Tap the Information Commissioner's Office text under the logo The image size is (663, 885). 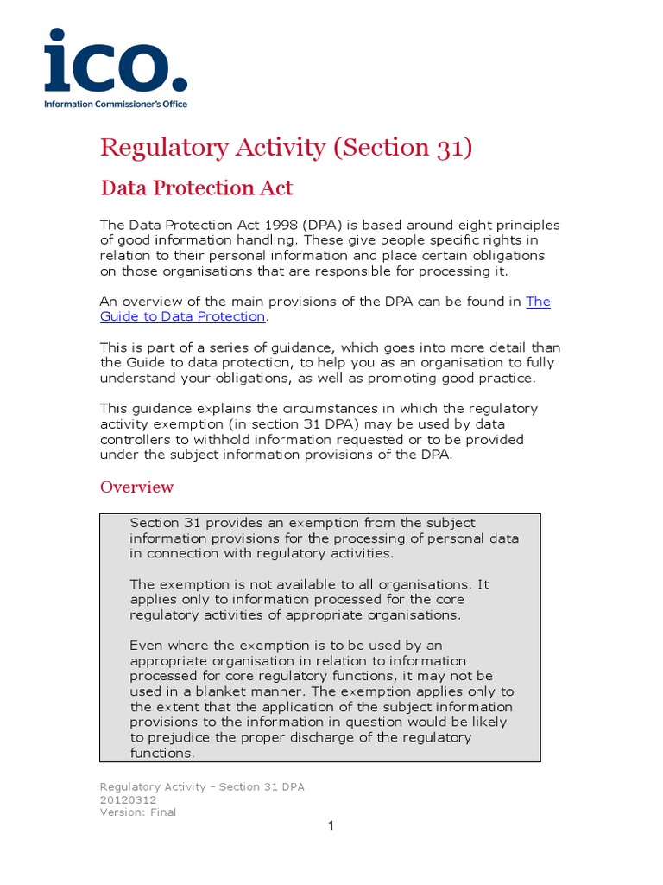click(116, 104)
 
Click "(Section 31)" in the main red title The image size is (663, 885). click(402, 147)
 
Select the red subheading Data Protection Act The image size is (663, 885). click(197, 188)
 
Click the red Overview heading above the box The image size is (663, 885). click(136, 487)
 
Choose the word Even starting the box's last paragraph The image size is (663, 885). click(146, 645)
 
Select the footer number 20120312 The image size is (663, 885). click(129, 799)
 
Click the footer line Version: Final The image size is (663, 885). click(138, 812)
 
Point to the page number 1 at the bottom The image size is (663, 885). click(331, 826)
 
